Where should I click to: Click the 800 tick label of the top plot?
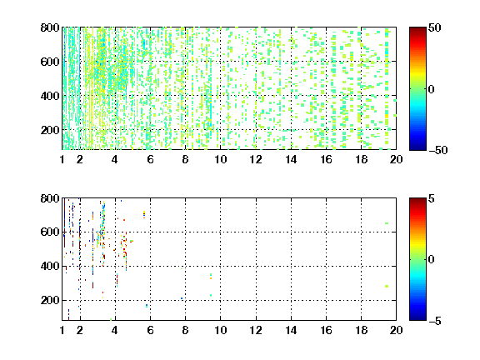(x=50, y=27)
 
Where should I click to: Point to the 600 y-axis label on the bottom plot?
(x=50, y=232)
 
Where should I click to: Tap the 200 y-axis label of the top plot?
(x=50, y=130)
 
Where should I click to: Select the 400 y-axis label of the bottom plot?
(x=50, y=266)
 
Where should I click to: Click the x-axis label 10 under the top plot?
(x=220, y=159)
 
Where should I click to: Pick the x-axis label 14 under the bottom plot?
(x=291, y=330)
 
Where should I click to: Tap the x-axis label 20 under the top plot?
(x=396, y=159)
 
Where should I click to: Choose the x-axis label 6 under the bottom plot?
(x=150, y=330)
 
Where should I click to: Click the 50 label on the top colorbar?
(x=434, y=27)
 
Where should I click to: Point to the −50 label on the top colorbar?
(x=438, y=150)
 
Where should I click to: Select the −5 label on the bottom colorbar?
(x=435, y=321)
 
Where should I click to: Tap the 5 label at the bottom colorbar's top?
(x=432, y=198)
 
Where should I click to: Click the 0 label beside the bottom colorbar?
(x=432, y=260)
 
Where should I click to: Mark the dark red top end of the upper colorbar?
(x=417, y=28)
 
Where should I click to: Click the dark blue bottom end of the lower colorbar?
(x=417, y=319)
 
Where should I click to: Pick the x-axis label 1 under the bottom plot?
(x=62, y=330)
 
